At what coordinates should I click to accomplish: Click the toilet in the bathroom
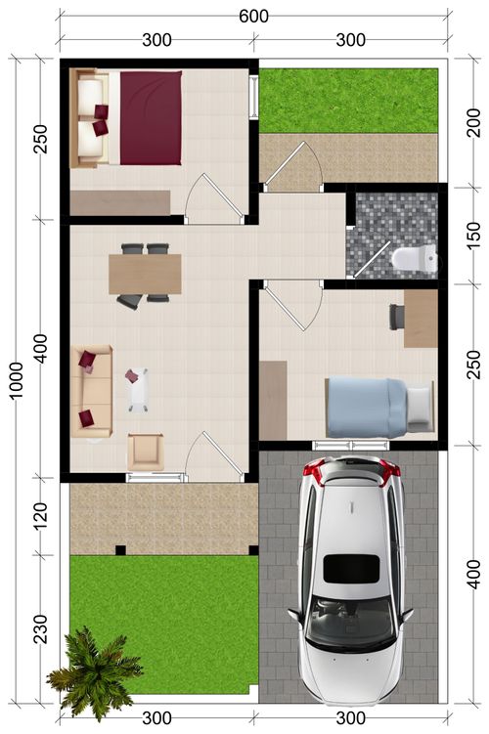tap(415, 259)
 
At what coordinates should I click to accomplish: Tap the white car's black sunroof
tap(351, 569)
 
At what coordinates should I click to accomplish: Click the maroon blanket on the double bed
tap(151, 118)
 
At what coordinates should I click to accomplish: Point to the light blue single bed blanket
tap(367, 408)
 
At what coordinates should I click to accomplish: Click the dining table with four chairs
tap(145, 275)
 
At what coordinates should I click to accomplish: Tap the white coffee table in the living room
tap(138, 389)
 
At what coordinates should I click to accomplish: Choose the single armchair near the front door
tap(146, 452)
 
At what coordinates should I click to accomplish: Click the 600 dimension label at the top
tap(254, 17)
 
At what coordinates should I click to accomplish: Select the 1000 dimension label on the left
tap(17, 380)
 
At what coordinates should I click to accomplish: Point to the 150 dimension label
tap(473, 236)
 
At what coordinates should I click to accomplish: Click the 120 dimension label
tap(41, 516)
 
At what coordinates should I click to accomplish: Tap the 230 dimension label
tap(41, 629)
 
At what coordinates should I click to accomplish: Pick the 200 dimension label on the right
tap(473, 122)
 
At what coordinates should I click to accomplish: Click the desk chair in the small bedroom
tap(397, 317)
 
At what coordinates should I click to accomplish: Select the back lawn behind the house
tap(348, 101)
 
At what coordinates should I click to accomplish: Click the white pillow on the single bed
tap(420, 405)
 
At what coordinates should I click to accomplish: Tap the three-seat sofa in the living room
tap(92, 391)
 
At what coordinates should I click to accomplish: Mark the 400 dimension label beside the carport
tap(473, 575)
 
